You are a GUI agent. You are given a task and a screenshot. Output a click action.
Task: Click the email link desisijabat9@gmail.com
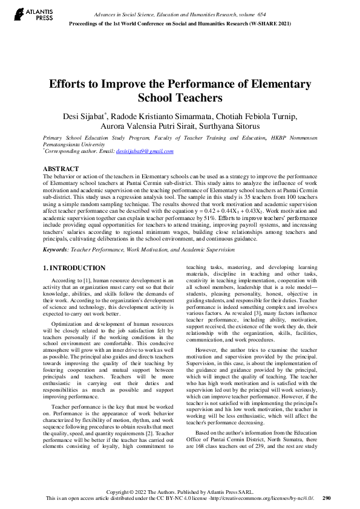[x=145, y=151]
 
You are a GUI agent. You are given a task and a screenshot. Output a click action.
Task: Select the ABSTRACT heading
[x=61, y=169]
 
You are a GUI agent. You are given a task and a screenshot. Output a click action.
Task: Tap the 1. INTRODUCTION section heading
[x=74, y=267]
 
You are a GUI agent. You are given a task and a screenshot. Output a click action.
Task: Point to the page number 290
[x=327, y=498]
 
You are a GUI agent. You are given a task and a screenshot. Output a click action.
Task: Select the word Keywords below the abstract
[x=56, y=249]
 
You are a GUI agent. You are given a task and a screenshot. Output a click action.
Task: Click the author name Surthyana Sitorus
[x=251, y=128]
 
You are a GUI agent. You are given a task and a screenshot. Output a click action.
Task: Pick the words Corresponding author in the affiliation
[x=67, y=151]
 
